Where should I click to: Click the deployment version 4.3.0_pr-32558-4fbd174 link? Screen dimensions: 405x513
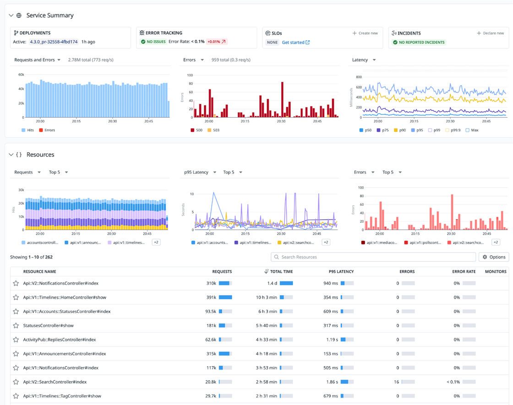57,42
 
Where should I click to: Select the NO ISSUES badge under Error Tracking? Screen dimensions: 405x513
153,42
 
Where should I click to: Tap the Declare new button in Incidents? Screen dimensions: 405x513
490,33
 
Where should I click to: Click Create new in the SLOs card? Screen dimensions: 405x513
365,33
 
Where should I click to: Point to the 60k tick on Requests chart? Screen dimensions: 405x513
21,74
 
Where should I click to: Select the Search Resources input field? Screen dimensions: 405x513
373,257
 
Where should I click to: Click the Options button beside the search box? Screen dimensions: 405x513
494,257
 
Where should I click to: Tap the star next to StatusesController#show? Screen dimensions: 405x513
16,325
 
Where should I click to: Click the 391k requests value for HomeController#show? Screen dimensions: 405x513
211,297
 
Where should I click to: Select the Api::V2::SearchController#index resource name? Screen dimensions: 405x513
55,382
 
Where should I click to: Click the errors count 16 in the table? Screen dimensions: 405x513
397,382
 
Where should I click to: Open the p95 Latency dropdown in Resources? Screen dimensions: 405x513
199,172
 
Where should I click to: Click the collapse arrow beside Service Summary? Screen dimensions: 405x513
11,16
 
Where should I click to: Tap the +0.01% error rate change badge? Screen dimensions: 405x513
217,42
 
